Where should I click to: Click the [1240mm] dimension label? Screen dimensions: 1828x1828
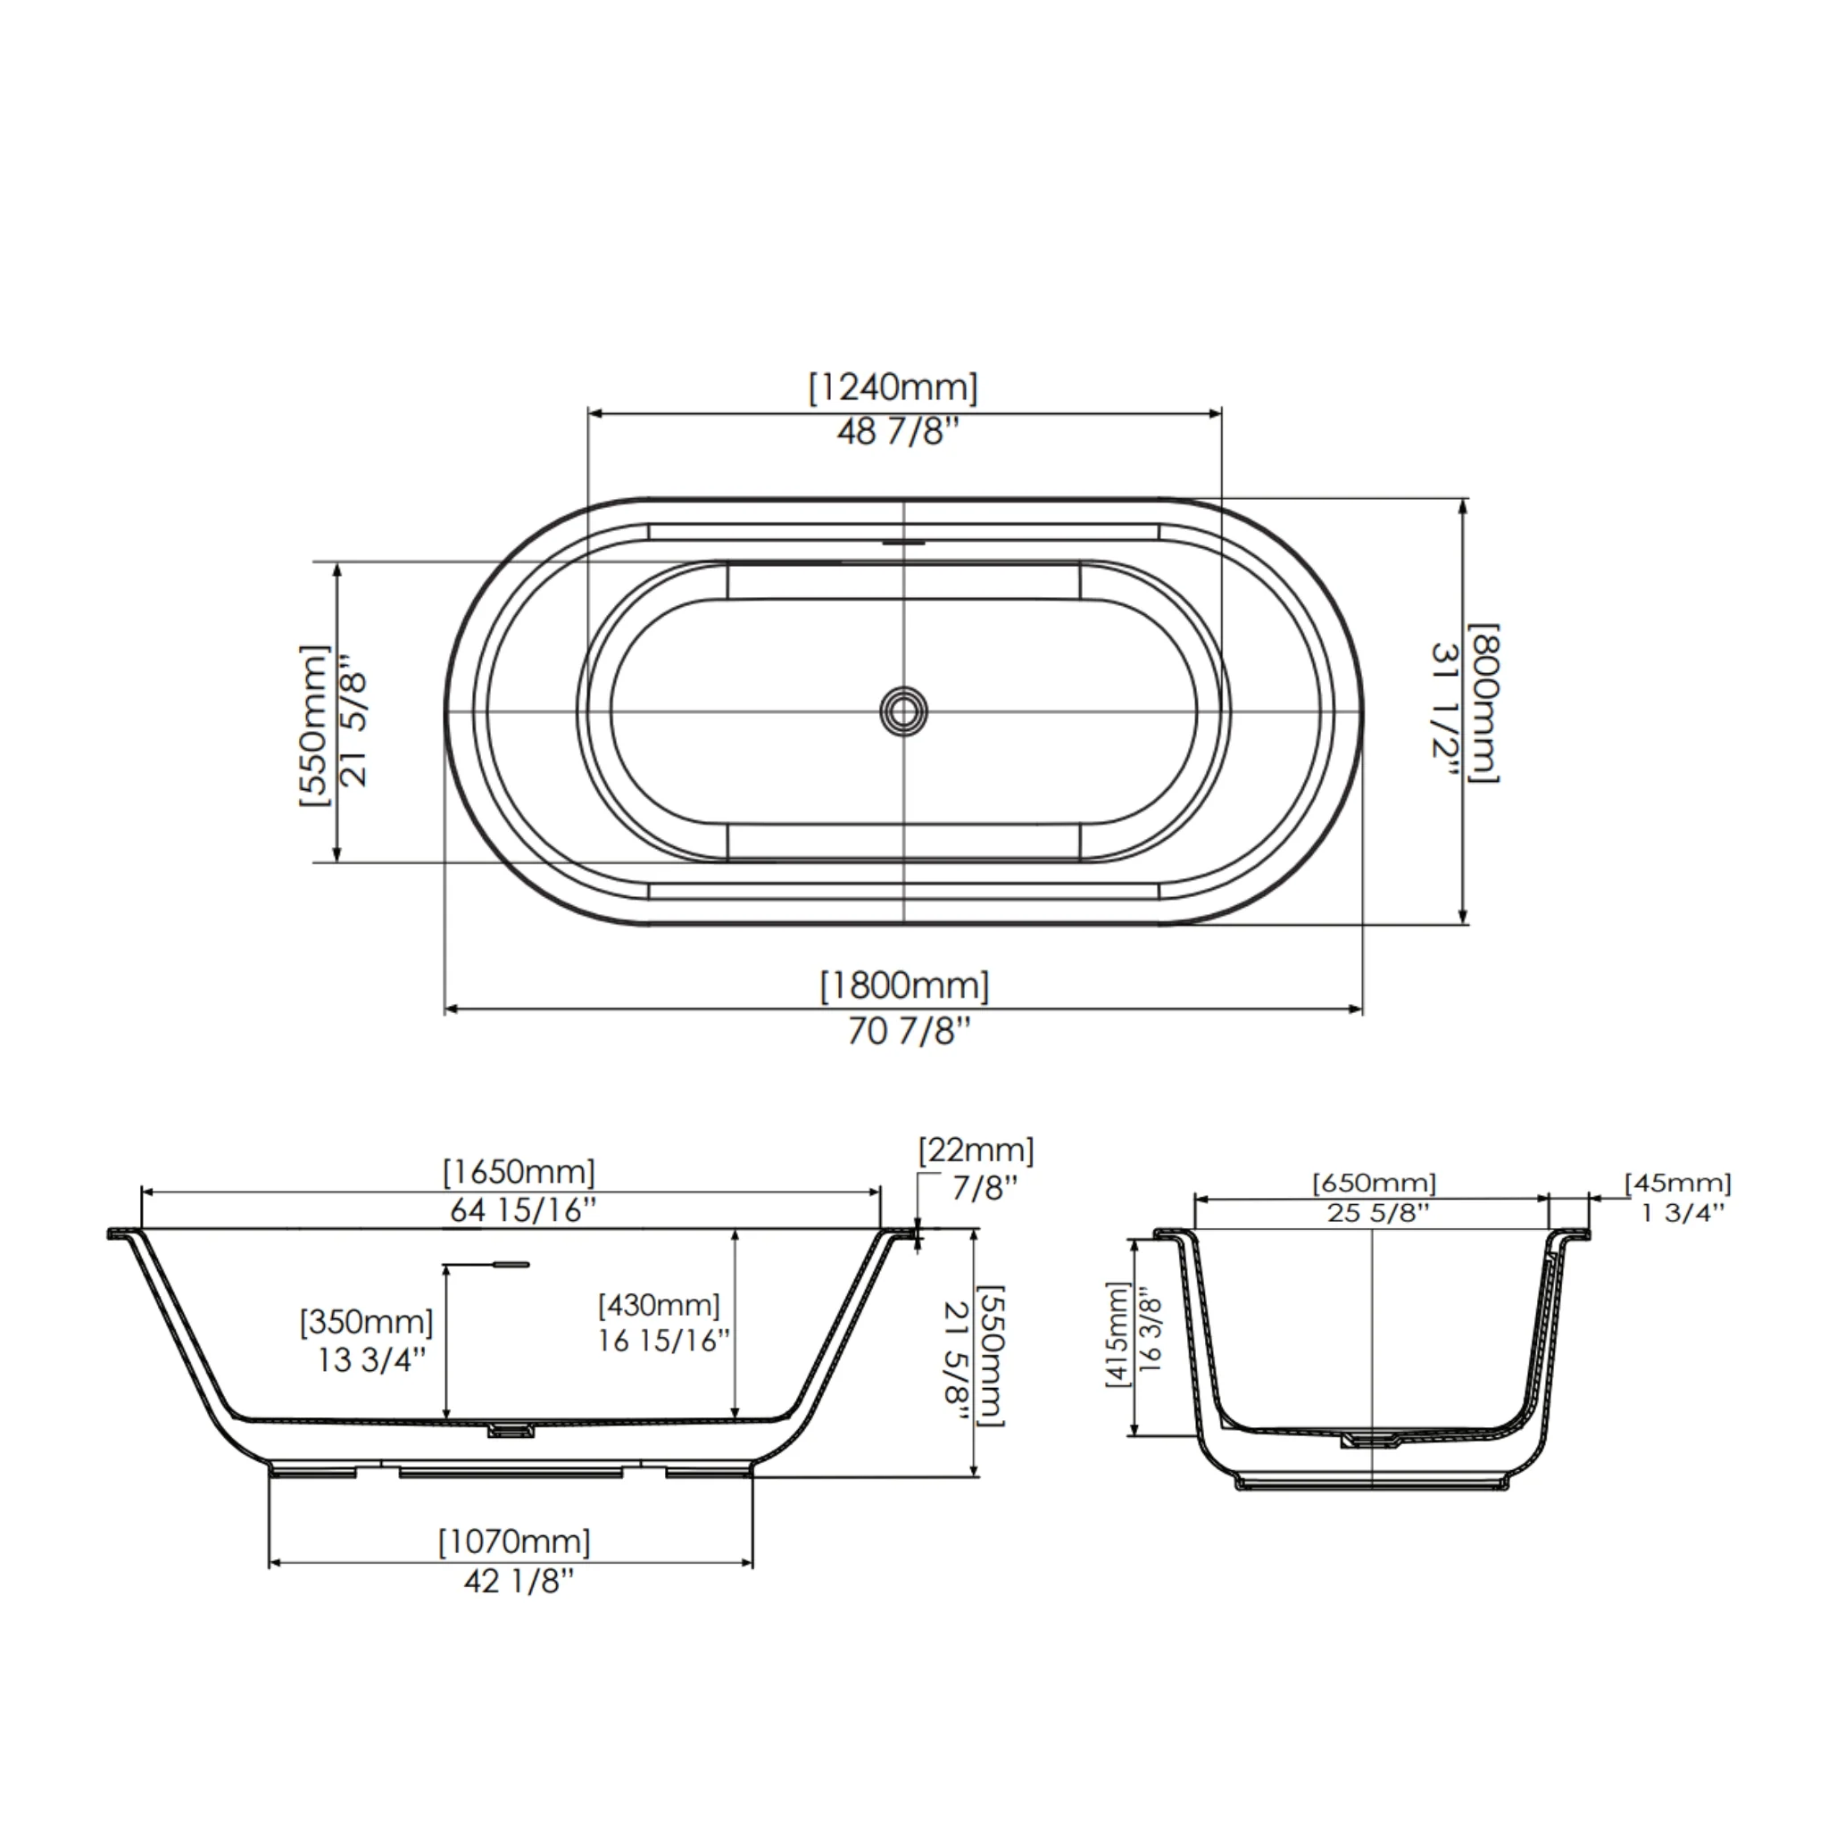(x=893, y=388)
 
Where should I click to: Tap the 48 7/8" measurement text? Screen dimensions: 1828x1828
(x=897, y=432)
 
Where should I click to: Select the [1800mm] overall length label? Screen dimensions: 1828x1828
(x=904, y=987)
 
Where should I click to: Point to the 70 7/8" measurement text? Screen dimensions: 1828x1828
(x=909, y=1031)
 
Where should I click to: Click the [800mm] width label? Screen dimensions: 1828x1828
(x=1483, y=703)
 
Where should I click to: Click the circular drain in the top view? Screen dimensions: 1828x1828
(x=903, y=710)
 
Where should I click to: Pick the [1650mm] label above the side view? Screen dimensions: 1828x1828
(x=519, y=1172)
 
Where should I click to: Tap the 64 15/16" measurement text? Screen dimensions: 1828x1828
(x=523, y=1210)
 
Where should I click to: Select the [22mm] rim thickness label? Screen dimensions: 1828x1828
(x=976, y=1151)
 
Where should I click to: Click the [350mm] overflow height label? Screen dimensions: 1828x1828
(x=366, y=1321)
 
